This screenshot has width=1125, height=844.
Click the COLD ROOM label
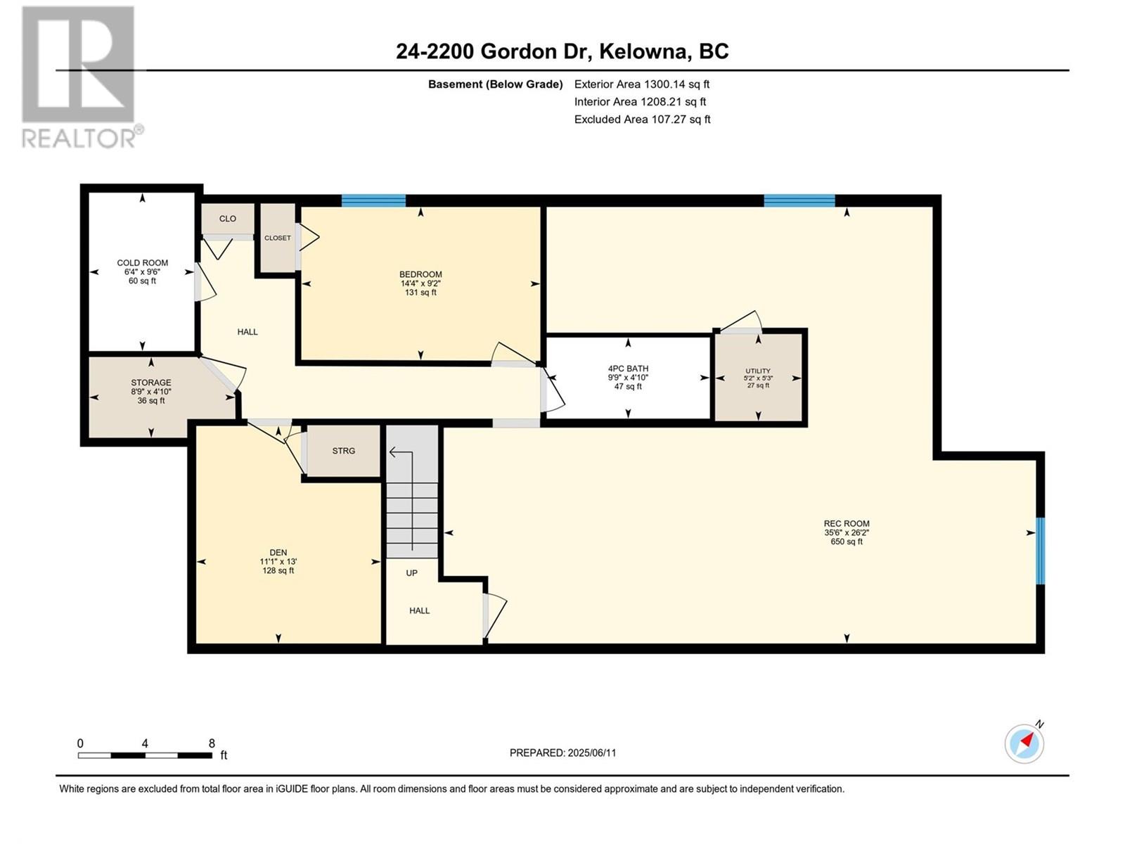143,263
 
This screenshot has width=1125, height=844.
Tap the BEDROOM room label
420,274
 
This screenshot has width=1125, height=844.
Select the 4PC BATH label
628,369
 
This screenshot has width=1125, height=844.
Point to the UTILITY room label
758,371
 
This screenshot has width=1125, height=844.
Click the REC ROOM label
846,524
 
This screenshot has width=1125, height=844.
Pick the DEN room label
278,552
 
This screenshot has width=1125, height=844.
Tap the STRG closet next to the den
343,451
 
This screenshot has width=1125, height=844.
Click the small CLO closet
228,219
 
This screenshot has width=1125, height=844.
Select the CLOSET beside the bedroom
277,238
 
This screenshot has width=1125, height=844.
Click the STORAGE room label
150,383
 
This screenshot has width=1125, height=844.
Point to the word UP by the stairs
411,573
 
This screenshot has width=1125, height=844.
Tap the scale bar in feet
145,755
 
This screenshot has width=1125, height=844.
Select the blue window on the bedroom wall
373,200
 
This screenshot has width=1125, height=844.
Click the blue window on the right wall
1041,551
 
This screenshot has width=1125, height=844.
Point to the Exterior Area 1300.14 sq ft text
642,84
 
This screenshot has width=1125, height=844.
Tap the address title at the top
562,52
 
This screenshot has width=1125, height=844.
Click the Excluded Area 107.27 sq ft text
642,120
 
